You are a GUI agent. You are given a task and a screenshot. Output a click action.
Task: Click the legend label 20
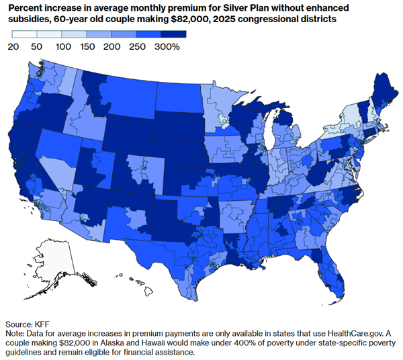13,47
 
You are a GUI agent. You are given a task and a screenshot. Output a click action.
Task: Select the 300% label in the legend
167,47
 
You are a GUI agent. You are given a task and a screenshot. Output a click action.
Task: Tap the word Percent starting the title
24,7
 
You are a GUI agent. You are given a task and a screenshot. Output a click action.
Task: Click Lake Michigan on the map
267,135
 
